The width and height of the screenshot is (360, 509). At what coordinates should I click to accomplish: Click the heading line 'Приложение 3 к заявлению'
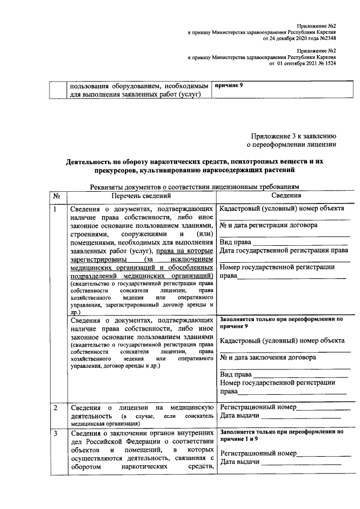(293, 136)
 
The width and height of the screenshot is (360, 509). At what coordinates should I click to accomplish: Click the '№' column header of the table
(57, 196)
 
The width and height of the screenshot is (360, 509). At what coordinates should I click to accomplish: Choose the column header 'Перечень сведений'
(140, 196)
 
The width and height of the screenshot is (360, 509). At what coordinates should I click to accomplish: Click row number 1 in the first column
(55, 209)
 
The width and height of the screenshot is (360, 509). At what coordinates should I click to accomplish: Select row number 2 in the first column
(55, 407)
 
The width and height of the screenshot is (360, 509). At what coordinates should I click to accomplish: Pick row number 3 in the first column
(55, 434)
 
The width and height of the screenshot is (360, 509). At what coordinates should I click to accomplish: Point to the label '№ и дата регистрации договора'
(268, 226)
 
